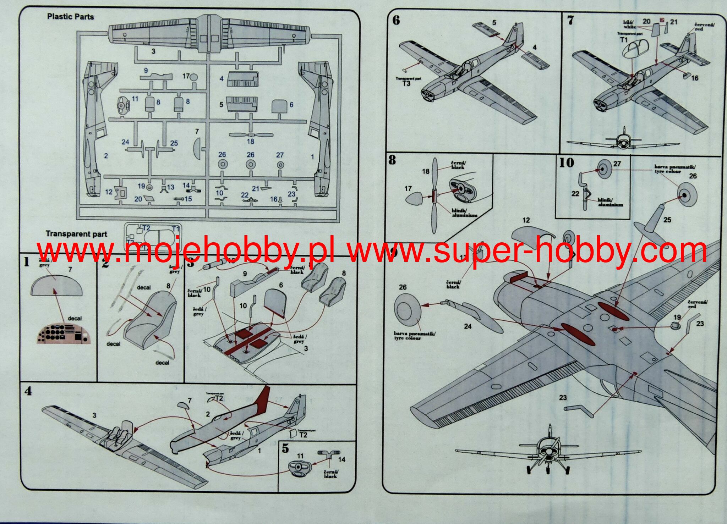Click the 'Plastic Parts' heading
70,17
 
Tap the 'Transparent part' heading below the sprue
76,234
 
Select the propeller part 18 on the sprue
251,135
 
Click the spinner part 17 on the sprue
194,77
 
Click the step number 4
28,392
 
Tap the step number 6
396,20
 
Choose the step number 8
392,160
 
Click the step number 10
567,163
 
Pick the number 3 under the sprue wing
153,51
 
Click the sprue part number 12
109,192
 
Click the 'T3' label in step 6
406,83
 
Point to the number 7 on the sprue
197,132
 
